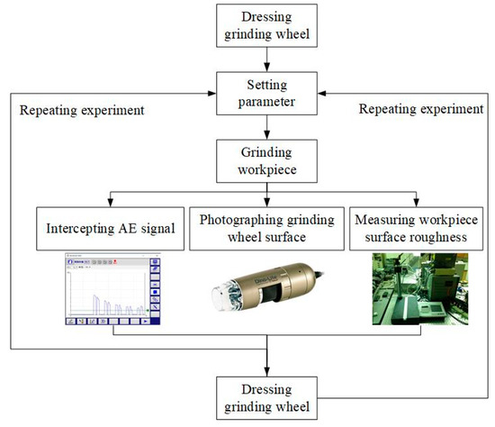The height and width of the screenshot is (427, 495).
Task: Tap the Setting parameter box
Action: pos(267,93)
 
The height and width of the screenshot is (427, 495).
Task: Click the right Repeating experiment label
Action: pos(420,109)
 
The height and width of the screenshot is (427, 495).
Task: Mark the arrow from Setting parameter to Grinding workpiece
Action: pos(267,128)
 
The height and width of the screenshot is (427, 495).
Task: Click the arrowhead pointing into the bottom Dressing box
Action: pos(267,370)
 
